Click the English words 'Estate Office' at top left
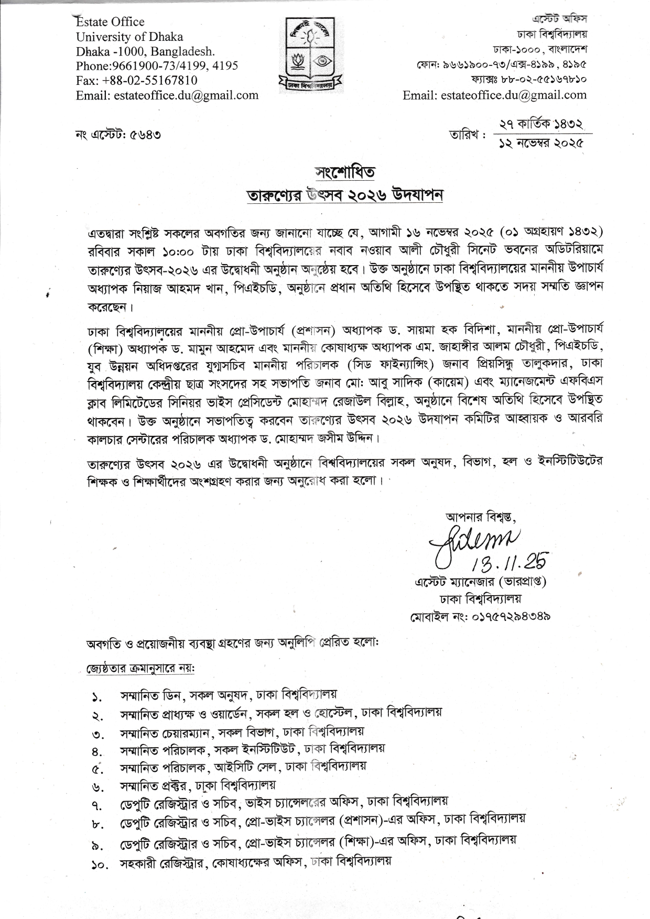(110, 22)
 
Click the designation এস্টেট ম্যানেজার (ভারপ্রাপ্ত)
(480, 582)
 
